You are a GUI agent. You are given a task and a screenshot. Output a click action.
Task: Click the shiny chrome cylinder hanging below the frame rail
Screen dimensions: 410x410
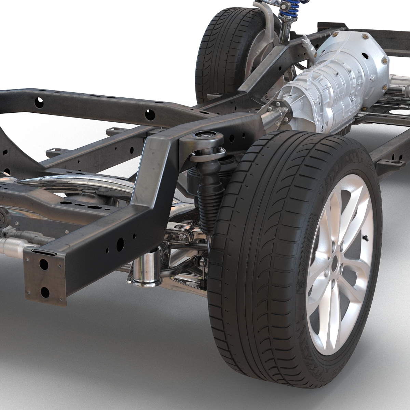pos(147,266)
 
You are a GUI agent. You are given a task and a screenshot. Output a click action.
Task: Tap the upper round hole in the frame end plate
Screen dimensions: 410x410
pos(43,263)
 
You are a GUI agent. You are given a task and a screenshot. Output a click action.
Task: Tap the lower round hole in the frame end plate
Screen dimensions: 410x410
pos(44,291)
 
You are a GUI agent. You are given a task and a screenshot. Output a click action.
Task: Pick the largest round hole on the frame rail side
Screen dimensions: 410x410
pos(120,243)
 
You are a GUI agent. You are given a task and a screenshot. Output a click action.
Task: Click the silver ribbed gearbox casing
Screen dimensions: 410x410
pos(318,89)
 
